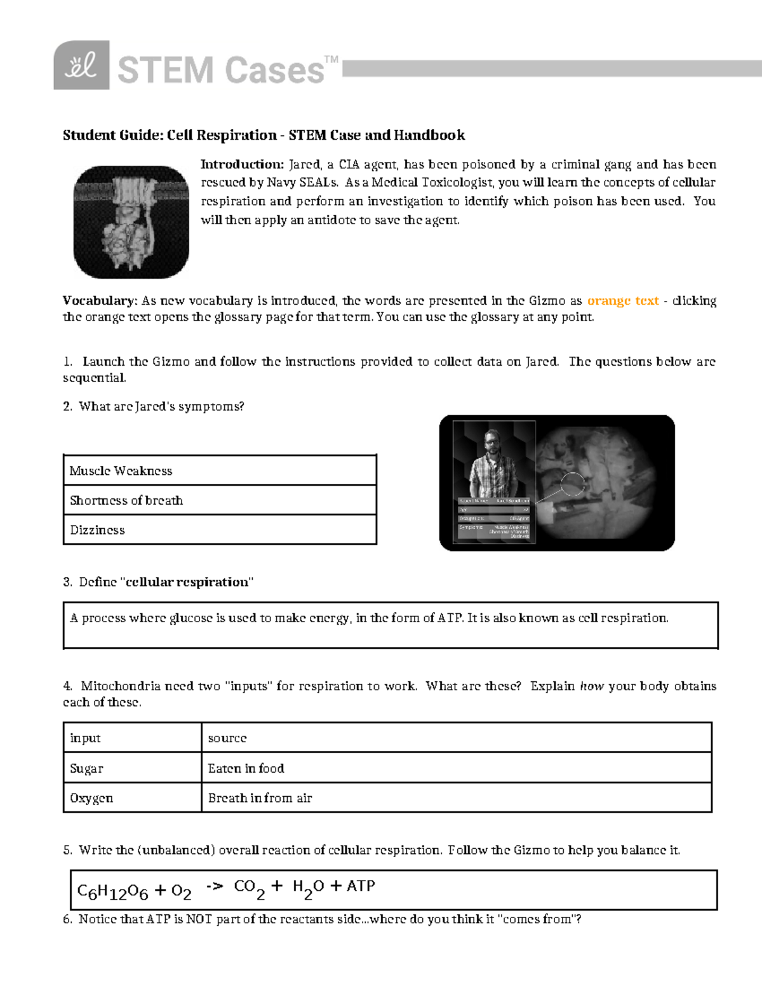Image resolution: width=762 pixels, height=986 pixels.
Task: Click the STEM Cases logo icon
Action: pyautogui.click(x=81, y=65)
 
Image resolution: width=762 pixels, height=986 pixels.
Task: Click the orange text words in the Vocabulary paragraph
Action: pyautogui.click(x=622, y=301)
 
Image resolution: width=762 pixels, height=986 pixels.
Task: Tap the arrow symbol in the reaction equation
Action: pyautogui.click(x=215, y=886)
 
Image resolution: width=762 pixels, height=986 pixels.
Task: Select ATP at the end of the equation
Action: pyautogui.click(x=361, y=886)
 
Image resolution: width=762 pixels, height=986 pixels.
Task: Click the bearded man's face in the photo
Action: pyautogui.click(x=493, y=443)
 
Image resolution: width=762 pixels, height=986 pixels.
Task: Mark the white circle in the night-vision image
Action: pyautogui.click(x=572, y=484)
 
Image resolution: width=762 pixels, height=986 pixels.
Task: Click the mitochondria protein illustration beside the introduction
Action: pyautogui.click(x=131, y=222)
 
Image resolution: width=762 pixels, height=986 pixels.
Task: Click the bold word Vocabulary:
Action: pyautogui.click(x=100, y=301)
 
